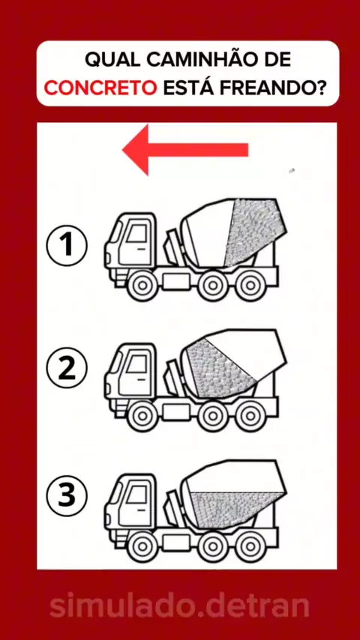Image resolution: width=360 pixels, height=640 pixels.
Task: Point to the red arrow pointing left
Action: click(x=185, y=150)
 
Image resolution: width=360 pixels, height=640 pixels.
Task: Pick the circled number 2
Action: click(x=67, y=368)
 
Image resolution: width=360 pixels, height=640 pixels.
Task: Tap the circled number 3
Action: click(x=67, y=495)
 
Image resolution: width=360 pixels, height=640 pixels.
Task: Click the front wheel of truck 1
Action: click(x=142, y=285)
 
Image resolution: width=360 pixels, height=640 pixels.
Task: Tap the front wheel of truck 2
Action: click(x=142, y=416)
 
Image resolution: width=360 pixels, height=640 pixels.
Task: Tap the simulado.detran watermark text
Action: click(x=179, y=606)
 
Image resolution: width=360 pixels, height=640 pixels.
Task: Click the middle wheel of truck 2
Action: click(x=213, y=416)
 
